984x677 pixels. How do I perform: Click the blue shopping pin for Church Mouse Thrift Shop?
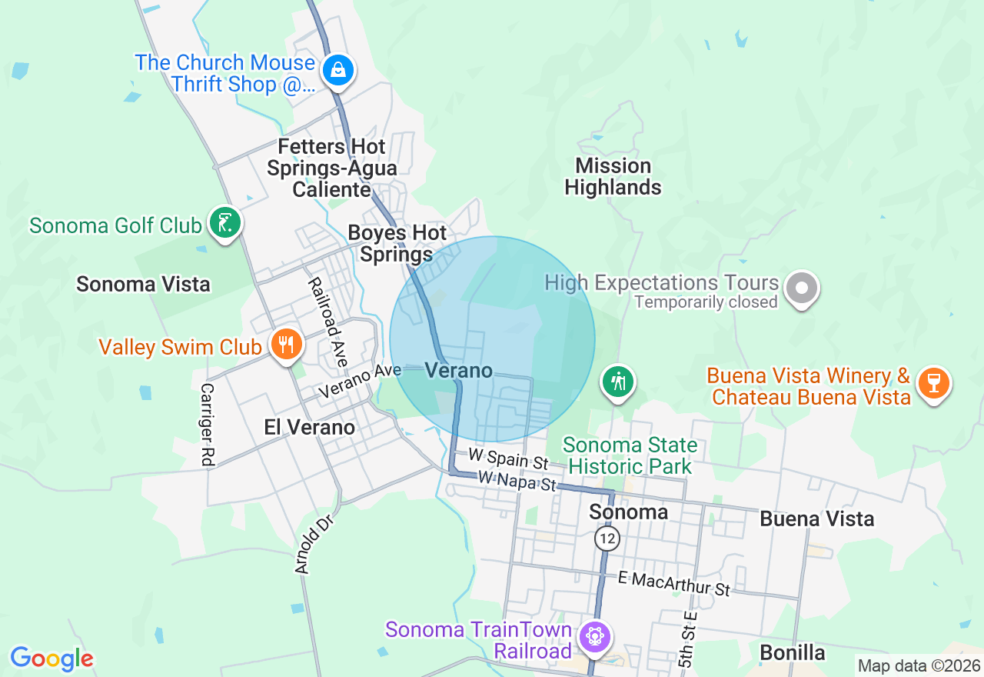(x=337, y=71)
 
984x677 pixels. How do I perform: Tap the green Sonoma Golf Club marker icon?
(x=225, y=224)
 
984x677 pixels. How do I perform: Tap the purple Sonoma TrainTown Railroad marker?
(x=594, y=637)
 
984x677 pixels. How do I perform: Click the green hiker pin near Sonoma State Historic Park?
(x=618, y=380)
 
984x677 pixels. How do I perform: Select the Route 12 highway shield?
(x=607, y=539)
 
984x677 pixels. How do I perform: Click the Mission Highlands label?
(x=613, y=177)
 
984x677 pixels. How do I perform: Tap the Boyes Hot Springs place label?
(x=397, y=243)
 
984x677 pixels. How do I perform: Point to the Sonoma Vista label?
(x=143, y=284)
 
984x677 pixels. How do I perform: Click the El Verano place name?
(x=309, y=428)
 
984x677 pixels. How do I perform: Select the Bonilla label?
(x=793, y=653)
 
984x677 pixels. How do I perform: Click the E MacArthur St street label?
(x=674, y=584)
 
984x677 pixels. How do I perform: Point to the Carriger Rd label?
(x=207, y=425)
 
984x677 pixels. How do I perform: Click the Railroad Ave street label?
(x=328, y=322)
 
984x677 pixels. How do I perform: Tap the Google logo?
(x=52, y=659)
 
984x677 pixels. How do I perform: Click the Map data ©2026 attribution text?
(x=919, y=665)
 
